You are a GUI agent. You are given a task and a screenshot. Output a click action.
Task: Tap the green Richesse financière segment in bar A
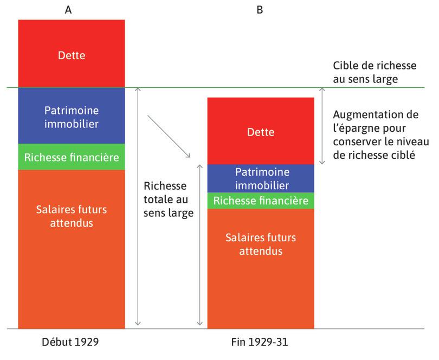pos(71,157)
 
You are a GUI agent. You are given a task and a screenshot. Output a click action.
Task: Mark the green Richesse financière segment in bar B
pos(261,201)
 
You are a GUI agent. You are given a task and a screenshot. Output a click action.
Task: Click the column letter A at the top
pos(68,9)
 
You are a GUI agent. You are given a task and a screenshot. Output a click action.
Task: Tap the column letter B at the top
pos(260,9)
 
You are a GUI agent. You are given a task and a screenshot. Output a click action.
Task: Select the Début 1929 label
pos(70,343)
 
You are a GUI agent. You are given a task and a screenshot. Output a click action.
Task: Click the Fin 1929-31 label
pos(260,343)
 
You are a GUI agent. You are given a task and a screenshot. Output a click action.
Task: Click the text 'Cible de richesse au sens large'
pos(375,73)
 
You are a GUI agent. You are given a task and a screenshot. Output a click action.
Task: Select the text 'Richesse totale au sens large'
pos(169,199)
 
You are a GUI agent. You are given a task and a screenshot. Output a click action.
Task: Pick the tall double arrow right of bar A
pos(139,206)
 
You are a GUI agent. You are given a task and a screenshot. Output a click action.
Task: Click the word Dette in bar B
pos(261,132)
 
